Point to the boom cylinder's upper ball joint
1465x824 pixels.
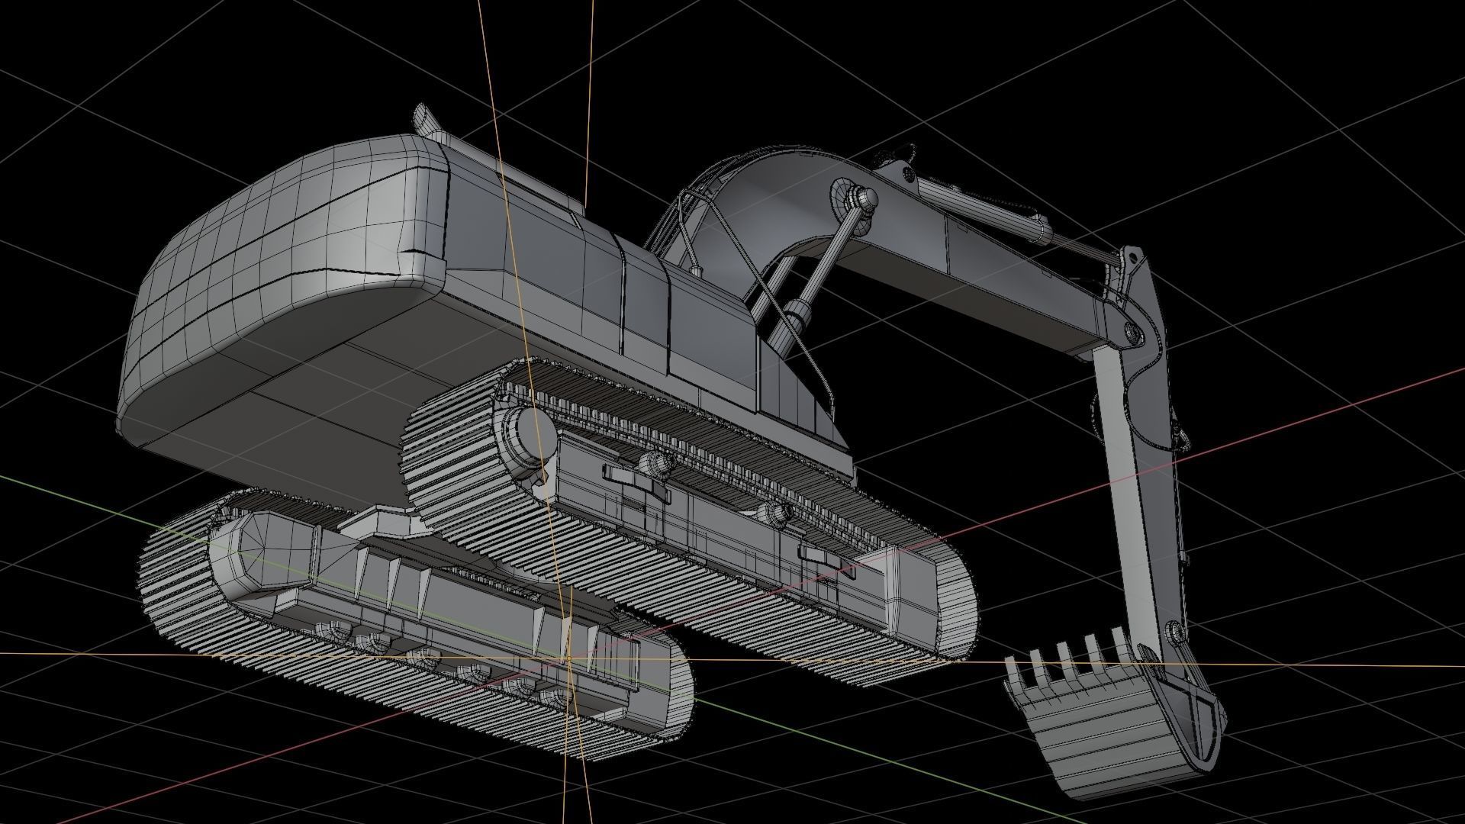tap(864, 199)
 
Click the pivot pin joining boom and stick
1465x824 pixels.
tap(1134, 330)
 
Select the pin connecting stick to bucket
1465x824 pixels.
tap(1176, 632)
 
